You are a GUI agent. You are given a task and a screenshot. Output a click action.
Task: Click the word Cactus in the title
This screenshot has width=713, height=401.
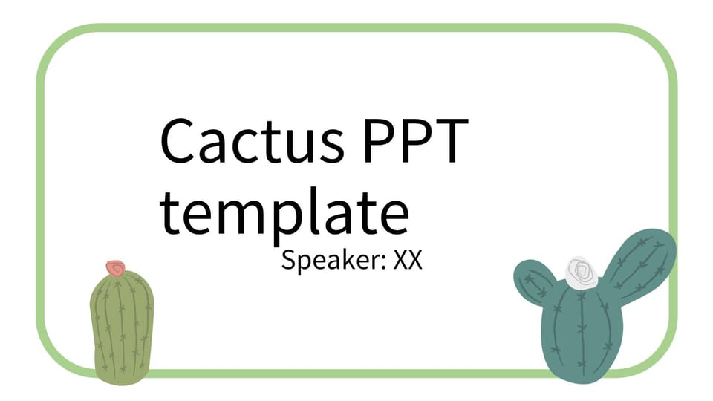(253, 140)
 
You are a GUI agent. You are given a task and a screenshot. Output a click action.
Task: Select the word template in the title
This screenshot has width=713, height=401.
(284, 215)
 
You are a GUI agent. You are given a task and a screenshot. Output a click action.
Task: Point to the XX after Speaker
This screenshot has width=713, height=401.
(408, 260)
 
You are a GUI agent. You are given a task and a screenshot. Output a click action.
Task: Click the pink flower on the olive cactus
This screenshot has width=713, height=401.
(116, 268)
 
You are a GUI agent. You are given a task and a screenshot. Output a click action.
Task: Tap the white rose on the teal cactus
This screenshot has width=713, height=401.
(581, 273)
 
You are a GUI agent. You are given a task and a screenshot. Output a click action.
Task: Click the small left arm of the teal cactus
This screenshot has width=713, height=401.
(534, 282)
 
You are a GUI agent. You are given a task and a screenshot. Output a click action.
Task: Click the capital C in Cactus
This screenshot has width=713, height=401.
(178, 140)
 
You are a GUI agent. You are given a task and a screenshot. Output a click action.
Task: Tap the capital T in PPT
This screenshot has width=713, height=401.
(450, 140)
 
